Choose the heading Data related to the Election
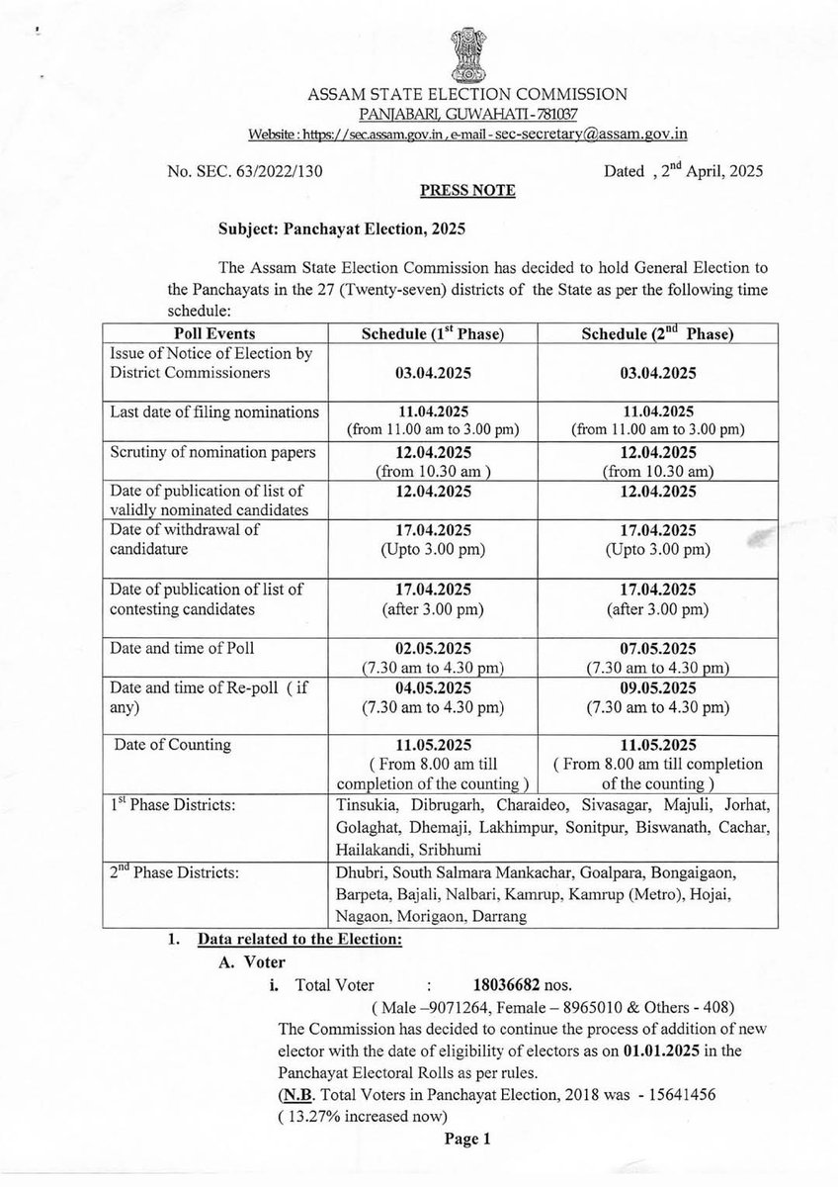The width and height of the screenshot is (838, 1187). [x=300, y=938]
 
